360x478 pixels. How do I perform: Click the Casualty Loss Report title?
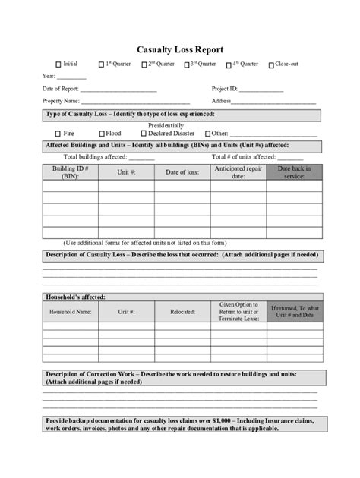tap(179, 49)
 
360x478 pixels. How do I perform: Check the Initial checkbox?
tap(58, 65)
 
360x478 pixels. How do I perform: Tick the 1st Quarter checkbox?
tap(100, 65)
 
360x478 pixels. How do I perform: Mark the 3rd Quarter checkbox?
tap(186, 65)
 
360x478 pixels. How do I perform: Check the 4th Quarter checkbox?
tap(229, 65)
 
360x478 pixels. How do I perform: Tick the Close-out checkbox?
tap(271, 65)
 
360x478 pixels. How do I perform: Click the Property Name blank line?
tap(135, 102)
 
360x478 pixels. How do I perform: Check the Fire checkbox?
tap(58, 133)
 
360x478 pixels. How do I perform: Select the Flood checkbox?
tap(100, 133)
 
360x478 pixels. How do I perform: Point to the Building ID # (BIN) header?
tap(70, 172)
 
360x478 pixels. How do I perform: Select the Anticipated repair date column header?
tap(238, 172)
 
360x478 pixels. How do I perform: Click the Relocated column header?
tap(182, 311)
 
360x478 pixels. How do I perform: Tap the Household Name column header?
tap(70, 311)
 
